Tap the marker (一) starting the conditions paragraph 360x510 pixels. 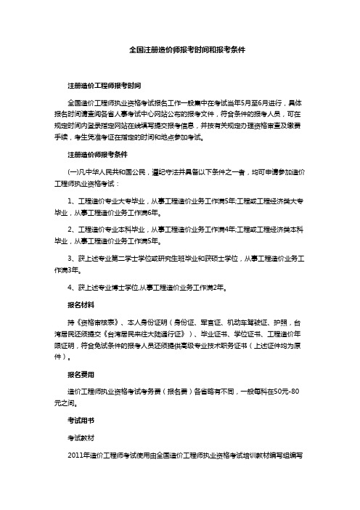[73, 172]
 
